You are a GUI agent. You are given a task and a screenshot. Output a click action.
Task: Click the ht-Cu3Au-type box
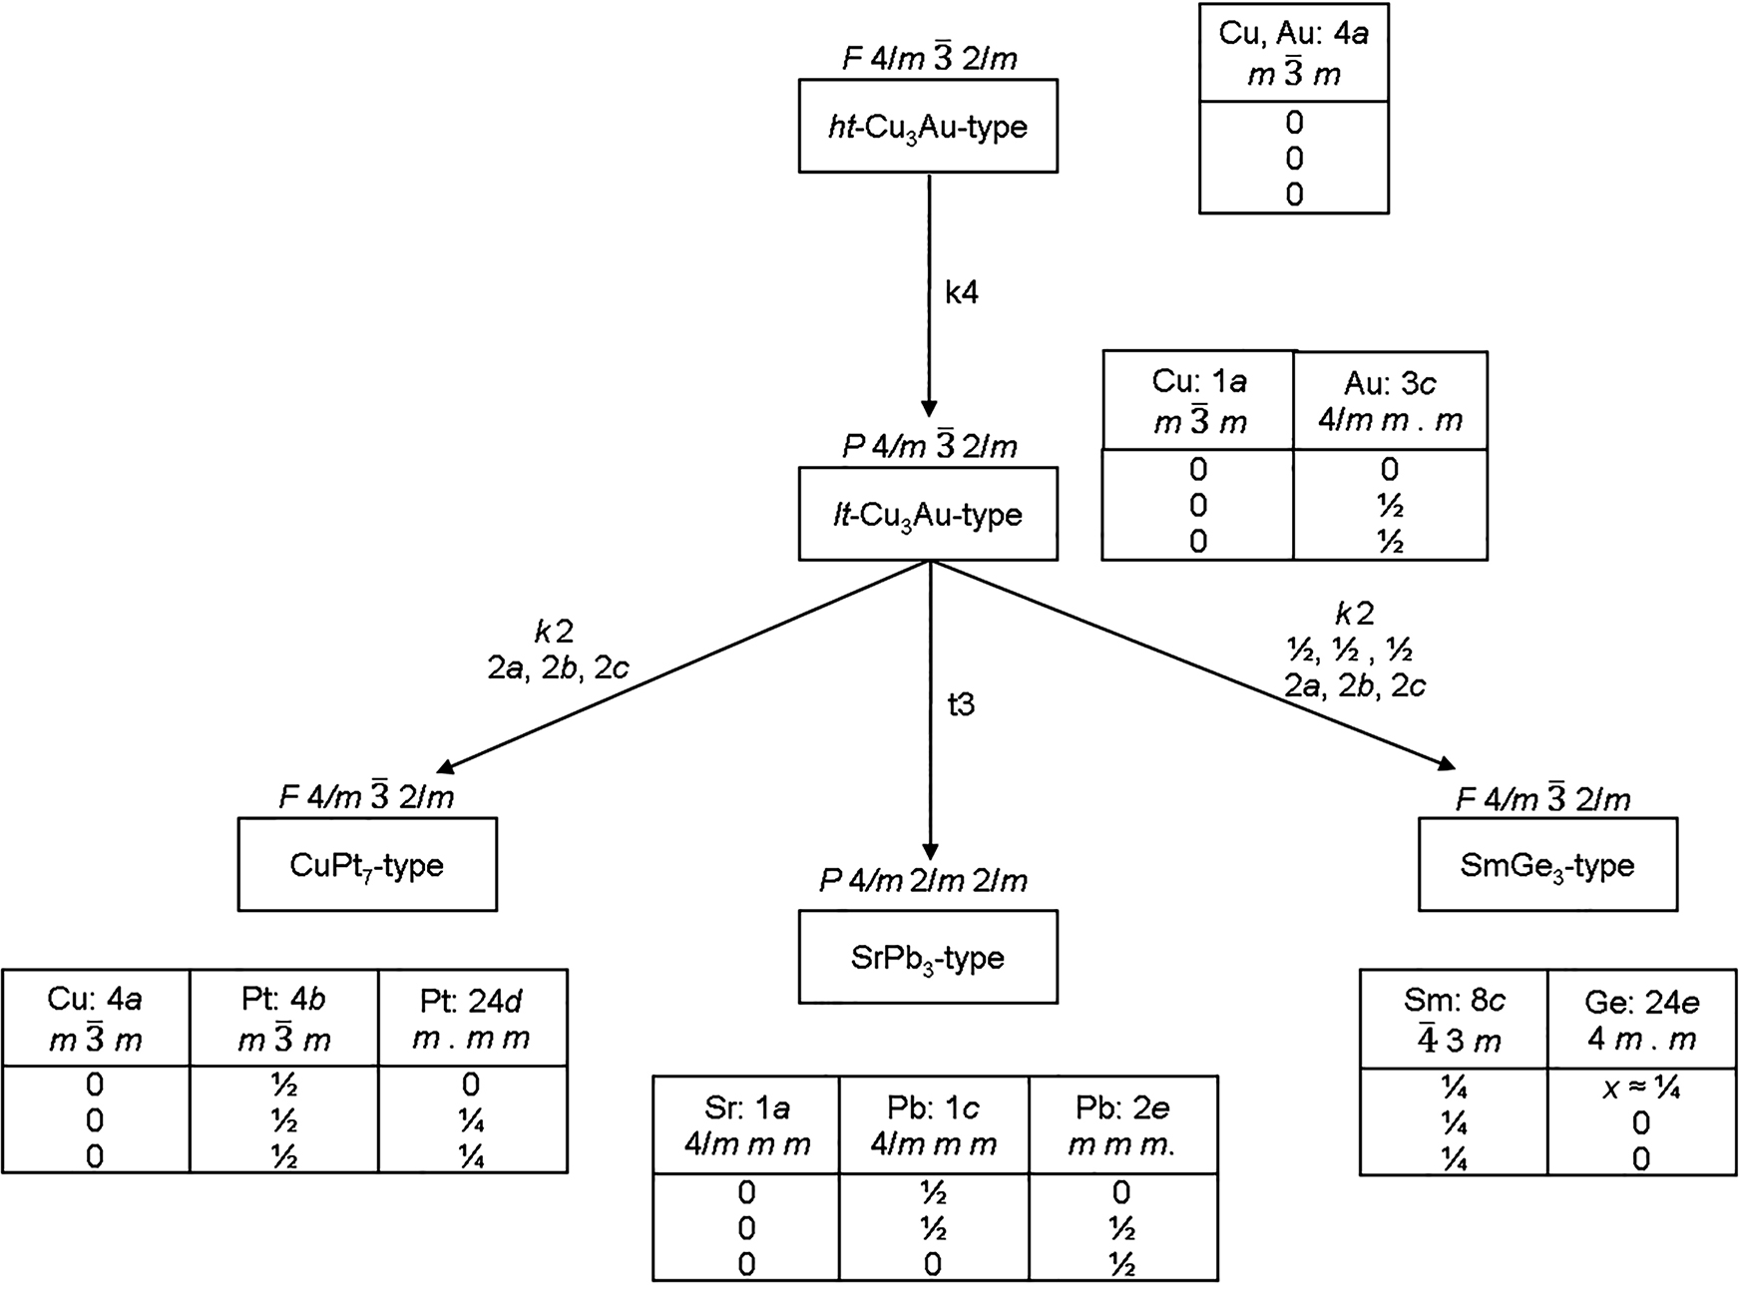coord(927,127)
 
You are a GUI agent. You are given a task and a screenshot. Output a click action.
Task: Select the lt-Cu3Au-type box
coord(927,515)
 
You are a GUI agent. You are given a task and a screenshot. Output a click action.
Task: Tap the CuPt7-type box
coord(367,865)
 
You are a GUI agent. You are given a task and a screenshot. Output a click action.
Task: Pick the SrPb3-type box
coord(927,957)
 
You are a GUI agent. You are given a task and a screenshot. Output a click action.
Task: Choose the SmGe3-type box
coord(1547,865)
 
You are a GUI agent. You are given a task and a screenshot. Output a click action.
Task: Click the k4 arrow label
coord(962,293)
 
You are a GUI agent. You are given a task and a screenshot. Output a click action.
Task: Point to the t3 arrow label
coord(960,705)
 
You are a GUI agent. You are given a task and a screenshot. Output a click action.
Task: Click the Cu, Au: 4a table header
coord(1293,53)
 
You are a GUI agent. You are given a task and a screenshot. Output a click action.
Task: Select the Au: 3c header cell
coord(1390,401)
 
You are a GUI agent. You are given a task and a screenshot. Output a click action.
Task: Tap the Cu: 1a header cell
coord(1198,401)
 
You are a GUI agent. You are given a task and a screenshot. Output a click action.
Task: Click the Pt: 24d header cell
coord(472,1019)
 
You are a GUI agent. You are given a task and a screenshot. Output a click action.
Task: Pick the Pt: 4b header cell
coord(283,1019)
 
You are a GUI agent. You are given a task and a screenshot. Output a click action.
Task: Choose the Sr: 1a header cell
coord(746,1125)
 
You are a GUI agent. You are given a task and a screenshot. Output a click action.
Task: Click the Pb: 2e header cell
coord(1121,1125)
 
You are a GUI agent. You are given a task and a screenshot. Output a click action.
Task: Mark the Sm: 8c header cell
coord(1454,1021)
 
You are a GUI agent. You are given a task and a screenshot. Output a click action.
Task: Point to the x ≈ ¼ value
coord(1641,1089)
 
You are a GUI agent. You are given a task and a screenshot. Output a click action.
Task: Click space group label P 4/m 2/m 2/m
coord(923,881)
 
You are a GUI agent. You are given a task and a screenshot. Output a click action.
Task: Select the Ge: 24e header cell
coord(1641,1021)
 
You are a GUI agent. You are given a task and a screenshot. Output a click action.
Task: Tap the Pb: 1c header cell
coord(933,1125)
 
